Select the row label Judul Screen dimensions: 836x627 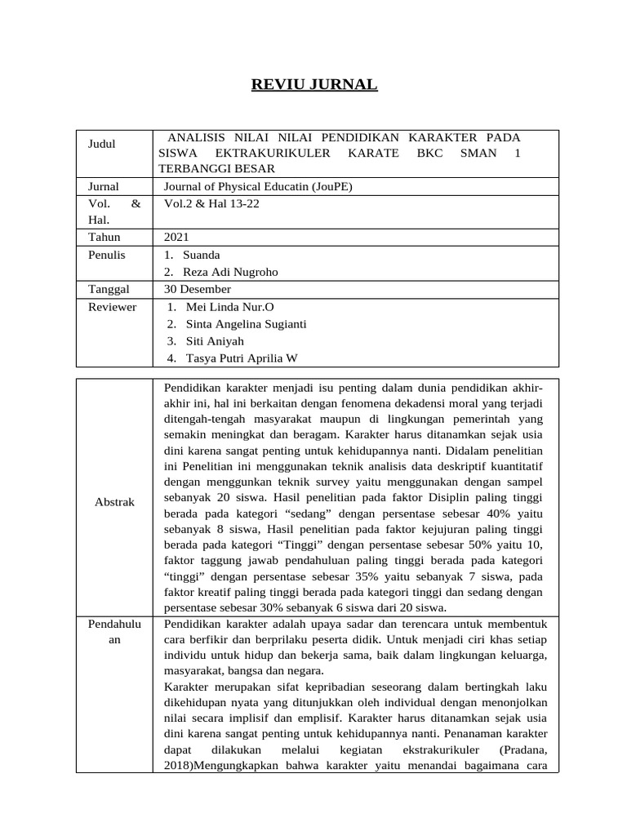click(x=102, y=145)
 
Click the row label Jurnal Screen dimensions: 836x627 click(x=103, y=186)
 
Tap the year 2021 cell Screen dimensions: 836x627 click(x=176, y=238)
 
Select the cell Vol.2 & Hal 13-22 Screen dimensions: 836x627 click(x=211, y=203)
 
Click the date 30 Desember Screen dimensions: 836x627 click(x=198, y=289)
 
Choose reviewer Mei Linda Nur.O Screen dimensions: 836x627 click(x=230, y=307)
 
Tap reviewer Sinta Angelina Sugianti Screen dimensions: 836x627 click(x=246, y=324)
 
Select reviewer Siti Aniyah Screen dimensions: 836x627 click(x=215, y=341)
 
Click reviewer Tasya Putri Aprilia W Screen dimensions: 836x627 click(x=242, y=358)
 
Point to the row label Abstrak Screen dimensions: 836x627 click(x=113, y=502)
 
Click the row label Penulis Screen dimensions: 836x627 click(x=107, y=255)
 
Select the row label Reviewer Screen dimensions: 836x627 click(x=112, y=307)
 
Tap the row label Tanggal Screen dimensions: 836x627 click(x=109, y=289)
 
